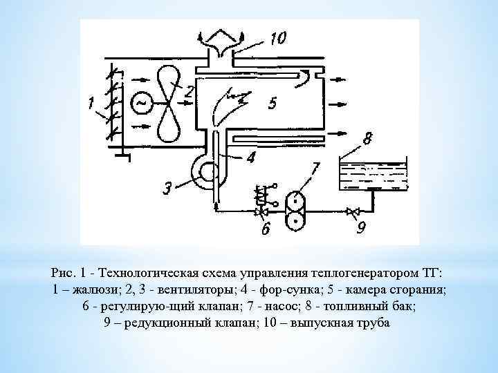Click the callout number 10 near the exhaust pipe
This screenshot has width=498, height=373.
click(x=277, y=39)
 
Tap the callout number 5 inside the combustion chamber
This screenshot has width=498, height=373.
click(x=272, y=104)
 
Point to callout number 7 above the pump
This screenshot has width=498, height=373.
click(x=315, y=167)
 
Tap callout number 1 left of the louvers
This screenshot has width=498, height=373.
click(x=91, y=104)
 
